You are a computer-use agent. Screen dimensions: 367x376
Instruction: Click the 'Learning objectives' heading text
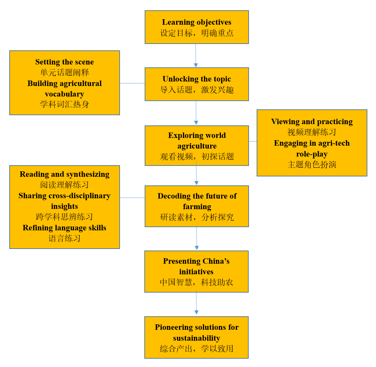point(196,22)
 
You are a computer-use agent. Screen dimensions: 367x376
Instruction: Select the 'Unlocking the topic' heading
point(197,79)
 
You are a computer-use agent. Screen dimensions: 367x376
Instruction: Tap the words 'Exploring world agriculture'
point(197,141)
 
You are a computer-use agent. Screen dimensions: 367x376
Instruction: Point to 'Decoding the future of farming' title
point(197,201)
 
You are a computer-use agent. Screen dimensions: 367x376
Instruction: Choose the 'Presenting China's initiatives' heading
point(196,266)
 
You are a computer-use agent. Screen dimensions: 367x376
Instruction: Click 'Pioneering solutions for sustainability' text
point(197,332)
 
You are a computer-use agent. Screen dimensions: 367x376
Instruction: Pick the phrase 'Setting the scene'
point(64,62)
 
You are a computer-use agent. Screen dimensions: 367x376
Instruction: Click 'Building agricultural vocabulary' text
point(64,89)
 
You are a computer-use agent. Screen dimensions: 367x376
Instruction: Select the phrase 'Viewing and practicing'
point(312,122)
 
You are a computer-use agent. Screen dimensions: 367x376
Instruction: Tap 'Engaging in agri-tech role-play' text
point(312,149)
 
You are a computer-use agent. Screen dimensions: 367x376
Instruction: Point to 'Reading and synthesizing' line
point(64,174)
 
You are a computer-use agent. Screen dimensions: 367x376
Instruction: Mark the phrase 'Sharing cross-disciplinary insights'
point(64,201)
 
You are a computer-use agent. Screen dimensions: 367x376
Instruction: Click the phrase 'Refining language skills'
point(64,228)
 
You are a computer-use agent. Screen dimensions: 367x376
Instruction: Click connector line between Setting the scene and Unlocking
point(132,83)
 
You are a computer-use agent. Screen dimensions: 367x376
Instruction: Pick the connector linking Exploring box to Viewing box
point(253,141)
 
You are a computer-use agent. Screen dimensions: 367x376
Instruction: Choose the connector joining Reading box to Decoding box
point(132,198)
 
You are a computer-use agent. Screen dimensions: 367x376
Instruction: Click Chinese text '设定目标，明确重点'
point(197,33)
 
